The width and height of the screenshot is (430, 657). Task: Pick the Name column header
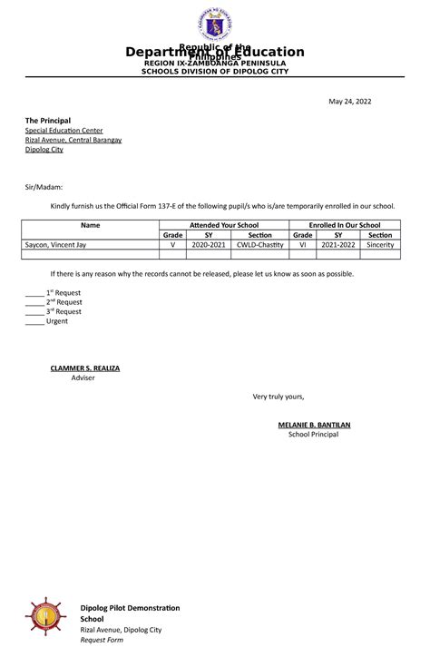pyautogui.click(x=91, y=224)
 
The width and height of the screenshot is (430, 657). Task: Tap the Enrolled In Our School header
pyautogui.click(x=344, y=224)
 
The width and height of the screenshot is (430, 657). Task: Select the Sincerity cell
pyautogui.click(x=380, y=244)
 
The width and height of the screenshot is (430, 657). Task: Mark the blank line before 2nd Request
pyautogui.click(x=34, y=304)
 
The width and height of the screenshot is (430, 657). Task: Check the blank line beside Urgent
pyautogui.click(x=34, y=322)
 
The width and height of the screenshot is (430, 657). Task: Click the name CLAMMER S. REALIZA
pyautogui.click(x=84, y=368)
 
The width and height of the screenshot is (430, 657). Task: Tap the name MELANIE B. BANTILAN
pyautogui.click(x=314, y=425)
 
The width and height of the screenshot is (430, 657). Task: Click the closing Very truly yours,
pyautogui.click(x=279, y=397)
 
